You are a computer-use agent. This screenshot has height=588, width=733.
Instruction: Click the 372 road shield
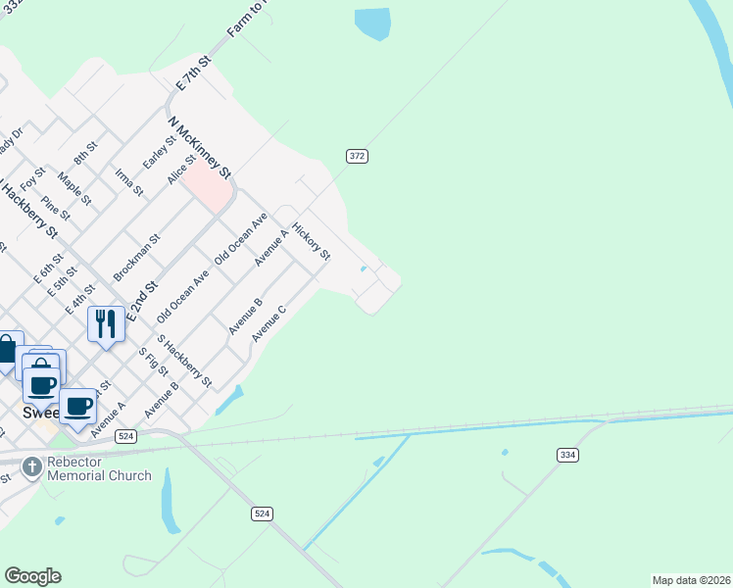357,156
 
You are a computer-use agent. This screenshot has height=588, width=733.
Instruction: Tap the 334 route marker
566,455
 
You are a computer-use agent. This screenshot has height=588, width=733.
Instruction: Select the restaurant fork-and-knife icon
106,323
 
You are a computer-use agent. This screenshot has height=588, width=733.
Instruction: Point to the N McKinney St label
200,148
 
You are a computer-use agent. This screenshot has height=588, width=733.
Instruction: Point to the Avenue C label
268,323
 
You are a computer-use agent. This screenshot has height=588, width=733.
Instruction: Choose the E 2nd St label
141,291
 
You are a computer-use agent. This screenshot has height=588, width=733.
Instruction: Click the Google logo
32,576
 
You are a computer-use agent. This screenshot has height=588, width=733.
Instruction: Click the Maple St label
74,187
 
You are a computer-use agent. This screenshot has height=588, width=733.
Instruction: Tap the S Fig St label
153,364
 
